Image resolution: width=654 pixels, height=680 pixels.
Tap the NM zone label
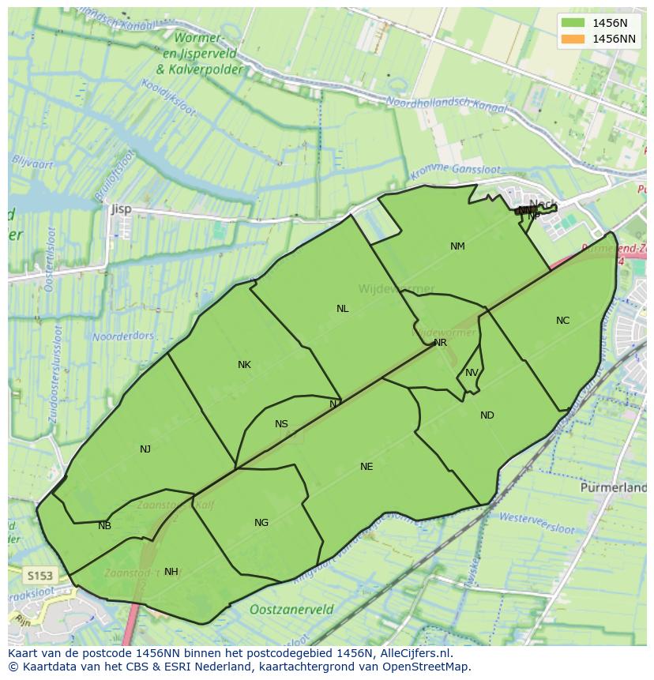[x=457, y=246]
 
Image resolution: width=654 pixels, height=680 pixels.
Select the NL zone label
[x=342, y=309]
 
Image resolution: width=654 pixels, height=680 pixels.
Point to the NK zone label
[x=244, y=365]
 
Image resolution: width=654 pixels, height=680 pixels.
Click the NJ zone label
[x=145, y=449]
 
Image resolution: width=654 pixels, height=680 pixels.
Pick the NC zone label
[x=562, y=321]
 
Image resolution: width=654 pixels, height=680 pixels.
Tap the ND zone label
[x=487, y=415]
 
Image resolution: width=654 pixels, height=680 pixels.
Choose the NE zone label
[x=366, y=467]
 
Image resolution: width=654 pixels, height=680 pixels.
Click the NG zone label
[x=261, y=523]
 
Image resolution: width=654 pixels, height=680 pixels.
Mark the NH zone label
[x=171, y=572]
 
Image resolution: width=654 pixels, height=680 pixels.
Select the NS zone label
[x=281, y=424]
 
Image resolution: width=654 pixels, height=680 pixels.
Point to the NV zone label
[x=472, y=373]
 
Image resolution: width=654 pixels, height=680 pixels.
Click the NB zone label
[x=104, y=526]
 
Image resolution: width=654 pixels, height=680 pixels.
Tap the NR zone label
[x=440, y=343]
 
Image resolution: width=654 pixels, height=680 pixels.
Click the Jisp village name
[x=121, y=209]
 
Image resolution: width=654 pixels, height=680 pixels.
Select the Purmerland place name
[x=613, y=488]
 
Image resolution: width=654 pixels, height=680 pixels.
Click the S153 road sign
[x=39, y=575]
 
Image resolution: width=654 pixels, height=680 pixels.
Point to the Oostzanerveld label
[x=291, y=610]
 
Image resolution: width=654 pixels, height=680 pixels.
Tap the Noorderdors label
[x=123, y=336]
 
